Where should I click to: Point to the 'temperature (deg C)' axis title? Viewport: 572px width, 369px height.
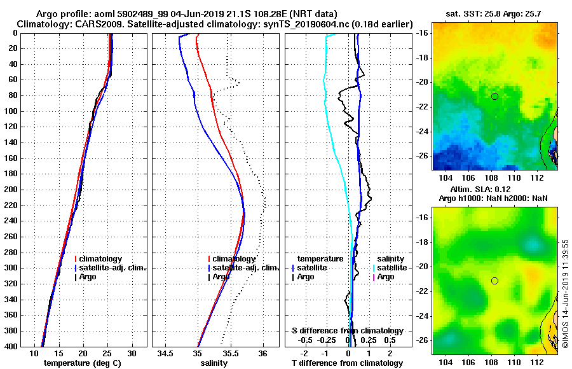point(82,363)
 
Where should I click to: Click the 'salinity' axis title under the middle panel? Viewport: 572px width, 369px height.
point(215,363)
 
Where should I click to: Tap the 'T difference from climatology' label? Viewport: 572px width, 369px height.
point(348,363)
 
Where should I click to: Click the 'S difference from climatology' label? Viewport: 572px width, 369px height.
point(348,331)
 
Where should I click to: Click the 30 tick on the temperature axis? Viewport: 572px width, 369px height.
point(132,353)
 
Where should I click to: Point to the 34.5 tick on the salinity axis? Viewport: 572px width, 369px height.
point(166,353)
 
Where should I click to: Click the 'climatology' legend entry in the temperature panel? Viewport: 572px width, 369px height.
point(102,259)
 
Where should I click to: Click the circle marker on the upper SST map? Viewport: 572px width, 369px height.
point(494,96)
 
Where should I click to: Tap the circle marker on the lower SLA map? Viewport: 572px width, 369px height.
point(494,281)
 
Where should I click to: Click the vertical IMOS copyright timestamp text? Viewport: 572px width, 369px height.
point(565,292)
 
